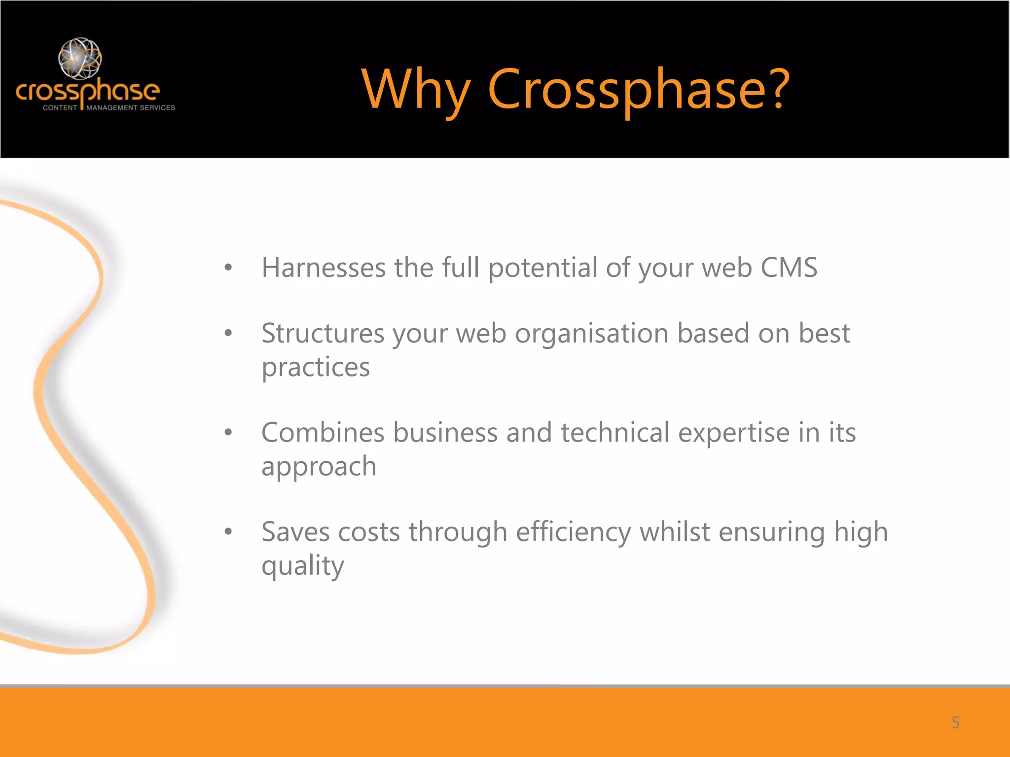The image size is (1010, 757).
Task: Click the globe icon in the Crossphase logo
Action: [80, 58]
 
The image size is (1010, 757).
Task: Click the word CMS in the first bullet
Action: [789, 268]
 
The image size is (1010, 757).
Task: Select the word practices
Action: [316, 368]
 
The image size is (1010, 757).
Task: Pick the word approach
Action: [319, 467]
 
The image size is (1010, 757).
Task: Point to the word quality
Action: [302, 566]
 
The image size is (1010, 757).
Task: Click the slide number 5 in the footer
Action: [955, 723]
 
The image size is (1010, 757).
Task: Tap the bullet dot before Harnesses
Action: [228, 268]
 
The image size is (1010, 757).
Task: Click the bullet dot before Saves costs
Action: [228, 532]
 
